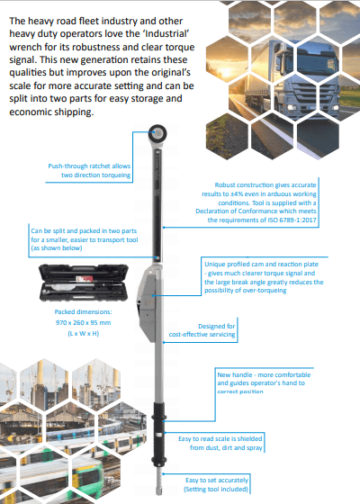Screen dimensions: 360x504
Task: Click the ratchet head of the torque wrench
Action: pyautogui.click(x=157, y=133)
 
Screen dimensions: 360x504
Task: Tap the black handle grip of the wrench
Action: pyautogui.click(x=157, y=433)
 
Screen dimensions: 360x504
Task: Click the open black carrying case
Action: pyautogui.click(x=84, y=283)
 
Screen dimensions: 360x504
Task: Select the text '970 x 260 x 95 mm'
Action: pyautogui.click(x=83, y=322)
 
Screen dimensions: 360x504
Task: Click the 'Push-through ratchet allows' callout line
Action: pyautogui.click(x=89, y=166)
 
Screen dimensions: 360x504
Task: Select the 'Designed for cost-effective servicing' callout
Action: pyautogui.click(x=202, y=330)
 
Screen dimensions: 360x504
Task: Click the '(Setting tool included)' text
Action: pyautogui.click(x=216, y=490)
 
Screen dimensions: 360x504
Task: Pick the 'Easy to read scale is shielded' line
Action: pyautogui.click(x=220, y=439)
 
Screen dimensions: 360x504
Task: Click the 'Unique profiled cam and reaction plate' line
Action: pyautogui.click(x=261, y=265)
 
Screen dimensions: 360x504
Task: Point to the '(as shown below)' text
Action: pyautogui.click(x=57, y=247)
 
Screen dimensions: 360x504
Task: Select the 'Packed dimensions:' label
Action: pyautogui.click(x=83, y=311)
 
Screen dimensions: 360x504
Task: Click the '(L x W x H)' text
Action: pyautogui.click(x=83, y=333)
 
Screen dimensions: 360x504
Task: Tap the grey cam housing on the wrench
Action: pyautogui.click(x=148, y=302)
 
